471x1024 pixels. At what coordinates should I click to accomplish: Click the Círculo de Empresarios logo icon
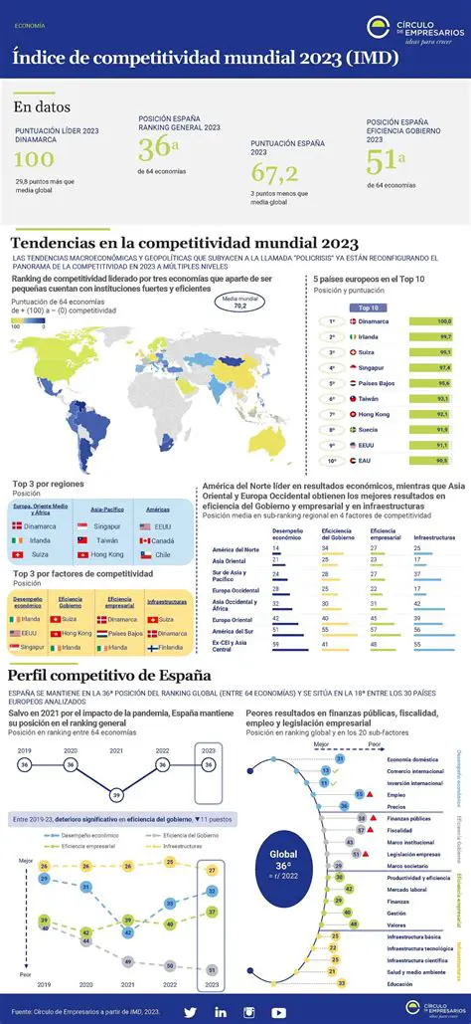(x=379, y=29)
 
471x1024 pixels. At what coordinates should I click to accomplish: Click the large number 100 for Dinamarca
(x=34, y=159)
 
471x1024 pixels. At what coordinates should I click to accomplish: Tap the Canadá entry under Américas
(x=162, y=540)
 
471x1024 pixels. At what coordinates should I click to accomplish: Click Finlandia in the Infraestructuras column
(x=170, y=647)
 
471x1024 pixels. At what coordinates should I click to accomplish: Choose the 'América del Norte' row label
(x=235, y=549)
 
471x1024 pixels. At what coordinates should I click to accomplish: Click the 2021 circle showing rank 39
(x=116, y=793)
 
